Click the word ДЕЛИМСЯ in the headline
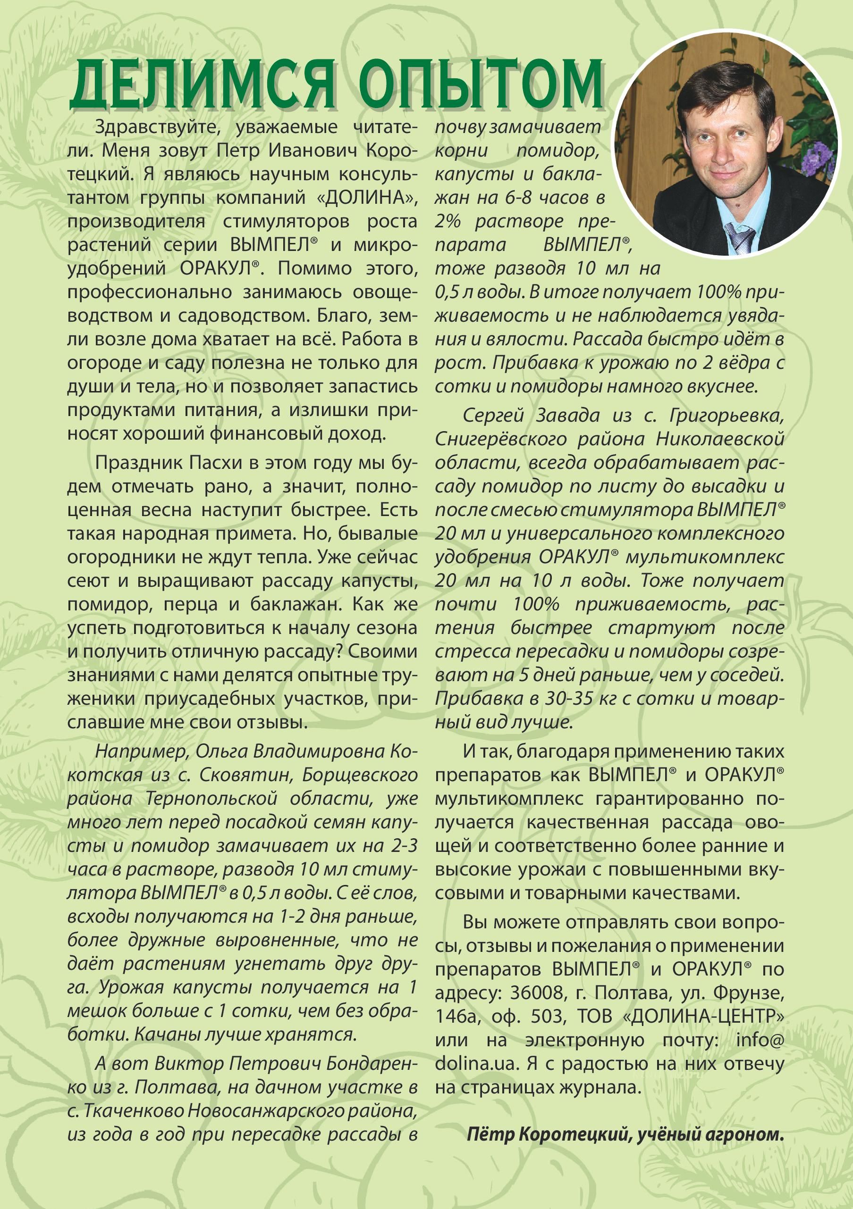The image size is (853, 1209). [x=203, y=85]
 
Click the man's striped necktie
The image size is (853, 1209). [x=740, y=237]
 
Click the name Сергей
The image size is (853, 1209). [x=493, y=416]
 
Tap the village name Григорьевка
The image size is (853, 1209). [x=727, y=416]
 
